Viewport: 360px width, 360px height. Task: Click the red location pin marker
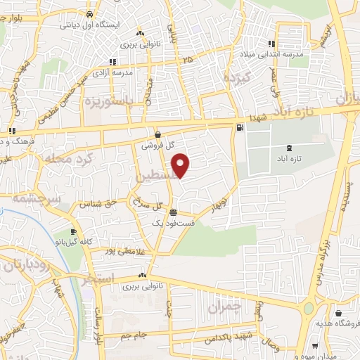(x=181, y=165)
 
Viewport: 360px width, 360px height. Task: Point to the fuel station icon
(x=241, y=127)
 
